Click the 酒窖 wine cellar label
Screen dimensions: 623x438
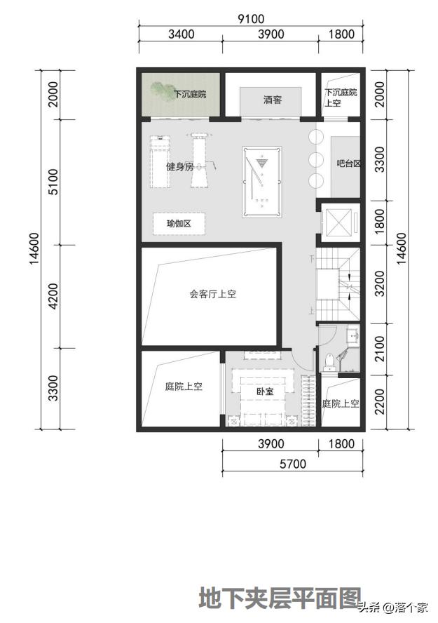(x=273, y=100)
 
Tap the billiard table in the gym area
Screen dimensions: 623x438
(x=262, y=182)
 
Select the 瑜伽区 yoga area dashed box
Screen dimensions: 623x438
(x=179, y=224)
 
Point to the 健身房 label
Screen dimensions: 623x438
(x=179, y=166)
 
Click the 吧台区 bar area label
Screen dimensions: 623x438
(x=348, y=163)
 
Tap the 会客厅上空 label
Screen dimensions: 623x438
(x=212, y=294)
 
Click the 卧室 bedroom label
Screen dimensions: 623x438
(x=264, y=391)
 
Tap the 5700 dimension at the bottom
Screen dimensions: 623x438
(x=292, y=464)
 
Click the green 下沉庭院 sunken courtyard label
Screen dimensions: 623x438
(x=189, y=94)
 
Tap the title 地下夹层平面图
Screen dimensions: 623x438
(x=279, y=598)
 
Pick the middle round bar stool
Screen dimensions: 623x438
(x=315, y=159)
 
